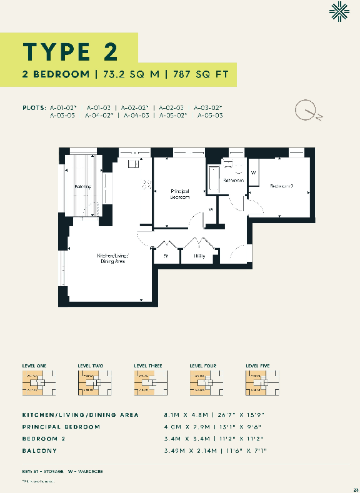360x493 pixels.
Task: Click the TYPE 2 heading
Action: (x=70, y=49)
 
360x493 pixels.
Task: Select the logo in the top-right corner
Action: (x=340, y=12)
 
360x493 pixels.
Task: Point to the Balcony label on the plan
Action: (x=83, y=187)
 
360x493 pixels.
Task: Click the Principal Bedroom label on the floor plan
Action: (x=180, y=194)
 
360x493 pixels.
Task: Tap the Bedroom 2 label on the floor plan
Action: (x=282, y=186)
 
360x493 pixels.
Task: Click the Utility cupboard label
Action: (x=199, y=256)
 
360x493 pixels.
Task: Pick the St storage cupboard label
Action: (x=166, y=256)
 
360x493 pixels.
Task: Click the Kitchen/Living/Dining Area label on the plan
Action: (x=113, y=258)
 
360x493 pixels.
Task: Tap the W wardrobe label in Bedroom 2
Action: (x=253, y=172)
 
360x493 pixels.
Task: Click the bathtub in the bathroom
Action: (x=212, y=181)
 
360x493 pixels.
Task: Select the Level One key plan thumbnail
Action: (x=34, y=382)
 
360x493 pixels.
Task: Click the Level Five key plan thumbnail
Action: (x=257, y=382)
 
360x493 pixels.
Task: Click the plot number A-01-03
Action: (x=97, y=107)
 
